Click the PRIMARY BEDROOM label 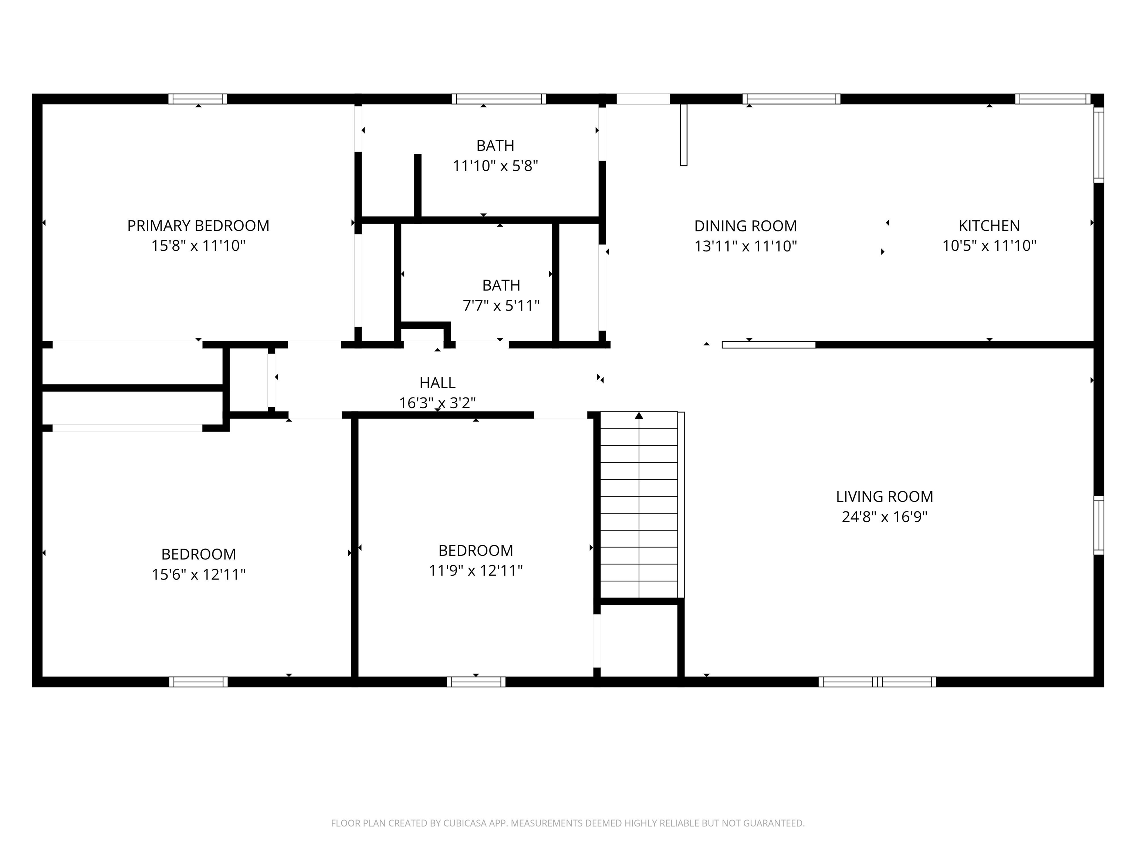pos(198,226)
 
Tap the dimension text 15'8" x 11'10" pos(198,246)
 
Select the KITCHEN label pos(989,226)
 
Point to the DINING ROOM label pos(745,226)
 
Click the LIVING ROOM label pos(884,497)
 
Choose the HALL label pos(437,383)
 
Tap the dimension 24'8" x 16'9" pos(884,517)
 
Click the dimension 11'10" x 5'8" pos(495,166)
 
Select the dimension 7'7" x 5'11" pos(501,305)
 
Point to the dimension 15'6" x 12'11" pos(198,574)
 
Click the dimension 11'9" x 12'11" pos(476,571)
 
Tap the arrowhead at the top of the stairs pos(639,416)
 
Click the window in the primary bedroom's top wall pos(198,99)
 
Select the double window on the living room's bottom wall pos(877,682)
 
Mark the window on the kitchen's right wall pos(1099,144)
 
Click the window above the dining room pos(791,99)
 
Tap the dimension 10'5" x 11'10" pos(989,246)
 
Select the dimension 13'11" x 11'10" pos(745,246)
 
